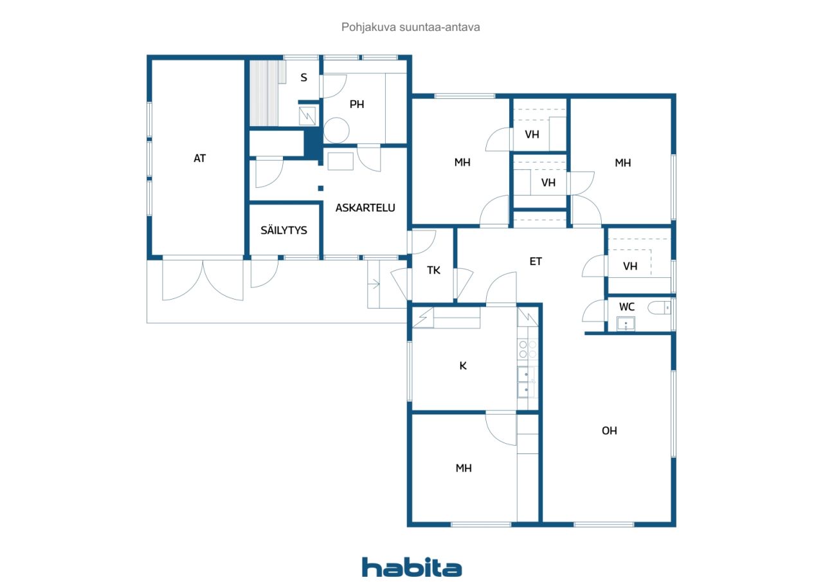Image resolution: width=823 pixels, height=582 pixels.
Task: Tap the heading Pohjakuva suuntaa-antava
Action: (410, 27)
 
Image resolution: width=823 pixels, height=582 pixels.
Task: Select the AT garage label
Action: (199, 158)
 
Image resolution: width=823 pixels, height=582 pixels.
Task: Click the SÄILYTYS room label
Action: (284, 230)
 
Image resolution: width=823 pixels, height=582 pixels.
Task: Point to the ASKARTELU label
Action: (365, 208)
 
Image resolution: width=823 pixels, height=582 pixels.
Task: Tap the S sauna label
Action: (303, 78)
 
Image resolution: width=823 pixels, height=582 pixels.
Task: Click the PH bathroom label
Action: (357, 104)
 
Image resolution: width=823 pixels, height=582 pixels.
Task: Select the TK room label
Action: (433, 271)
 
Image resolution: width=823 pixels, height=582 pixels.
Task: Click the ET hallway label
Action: (536, 261)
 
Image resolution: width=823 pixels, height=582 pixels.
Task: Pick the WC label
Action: (626, 307)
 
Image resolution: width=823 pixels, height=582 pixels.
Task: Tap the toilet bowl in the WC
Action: (659, 308)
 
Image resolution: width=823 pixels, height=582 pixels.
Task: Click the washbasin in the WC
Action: (626, 324)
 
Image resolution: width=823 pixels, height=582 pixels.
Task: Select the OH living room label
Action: (609, 431)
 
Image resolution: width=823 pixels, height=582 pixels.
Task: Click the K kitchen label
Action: (463, 365)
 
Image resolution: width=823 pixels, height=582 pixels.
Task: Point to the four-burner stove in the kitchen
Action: (528, 349)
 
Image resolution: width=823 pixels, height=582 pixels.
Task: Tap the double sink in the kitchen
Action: (527, 382)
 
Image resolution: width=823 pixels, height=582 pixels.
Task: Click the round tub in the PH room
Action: (336, 131)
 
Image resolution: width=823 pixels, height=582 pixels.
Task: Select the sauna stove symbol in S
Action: (307, 116)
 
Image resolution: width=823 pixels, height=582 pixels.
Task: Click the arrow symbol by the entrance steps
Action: (374, 284)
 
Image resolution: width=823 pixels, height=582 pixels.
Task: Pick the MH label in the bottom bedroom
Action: (464, 468)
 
